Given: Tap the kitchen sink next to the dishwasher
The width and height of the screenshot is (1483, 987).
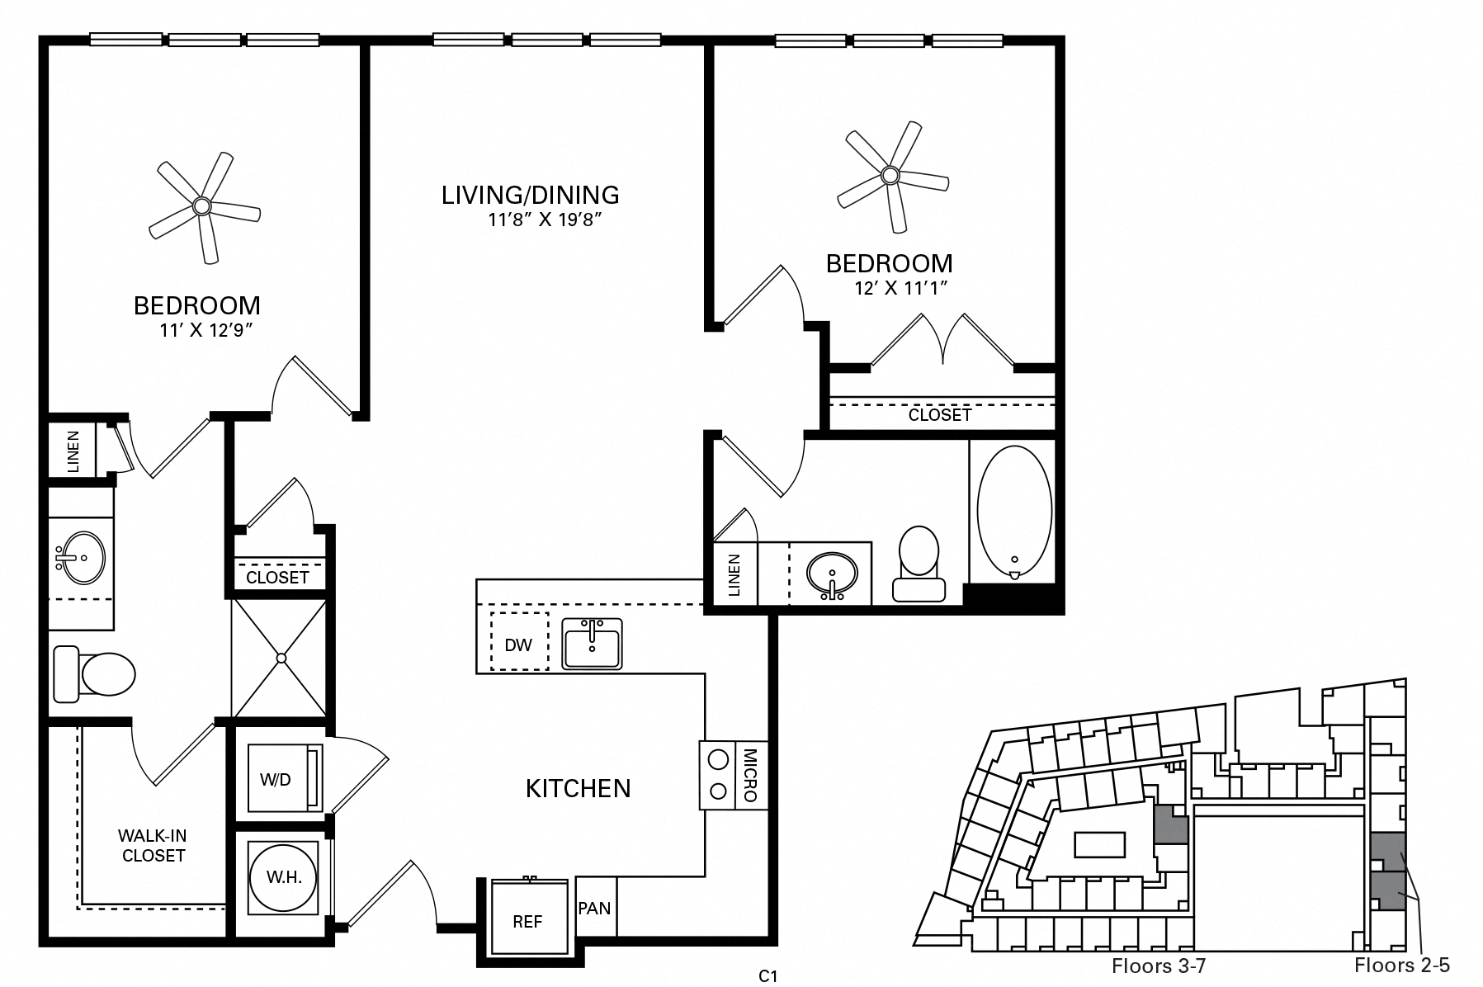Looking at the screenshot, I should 592,644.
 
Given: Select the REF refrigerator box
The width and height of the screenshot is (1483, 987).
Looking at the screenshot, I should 528,920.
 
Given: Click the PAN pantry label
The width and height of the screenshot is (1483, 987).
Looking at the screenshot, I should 594,909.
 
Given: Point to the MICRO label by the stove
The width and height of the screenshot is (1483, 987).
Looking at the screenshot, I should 750,775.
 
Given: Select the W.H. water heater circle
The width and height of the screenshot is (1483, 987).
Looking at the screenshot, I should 284,877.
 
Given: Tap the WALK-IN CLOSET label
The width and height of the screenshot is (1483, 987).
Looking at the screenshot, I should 153,846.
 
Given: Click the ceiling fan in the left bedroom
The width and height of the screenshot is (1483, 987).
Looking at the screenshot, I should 202,206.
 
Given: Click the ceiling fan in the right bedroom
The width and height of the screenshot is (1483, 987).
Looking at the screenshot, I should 890,175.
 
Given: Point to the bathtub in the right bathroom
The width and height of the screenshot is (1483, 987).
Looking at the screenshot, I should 1014,512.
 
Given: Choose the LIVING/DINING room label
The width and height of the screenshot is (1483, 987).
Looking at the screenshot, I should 530,196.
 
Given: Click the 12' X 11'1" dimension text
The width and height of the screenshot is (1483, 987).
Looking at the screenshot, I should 899,289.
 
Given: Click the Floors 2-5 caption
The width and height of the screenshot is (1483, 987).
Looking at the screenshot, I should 1401,965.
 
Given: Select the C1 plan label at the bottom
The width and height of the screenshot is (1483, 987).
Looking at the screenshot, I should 767,976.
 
